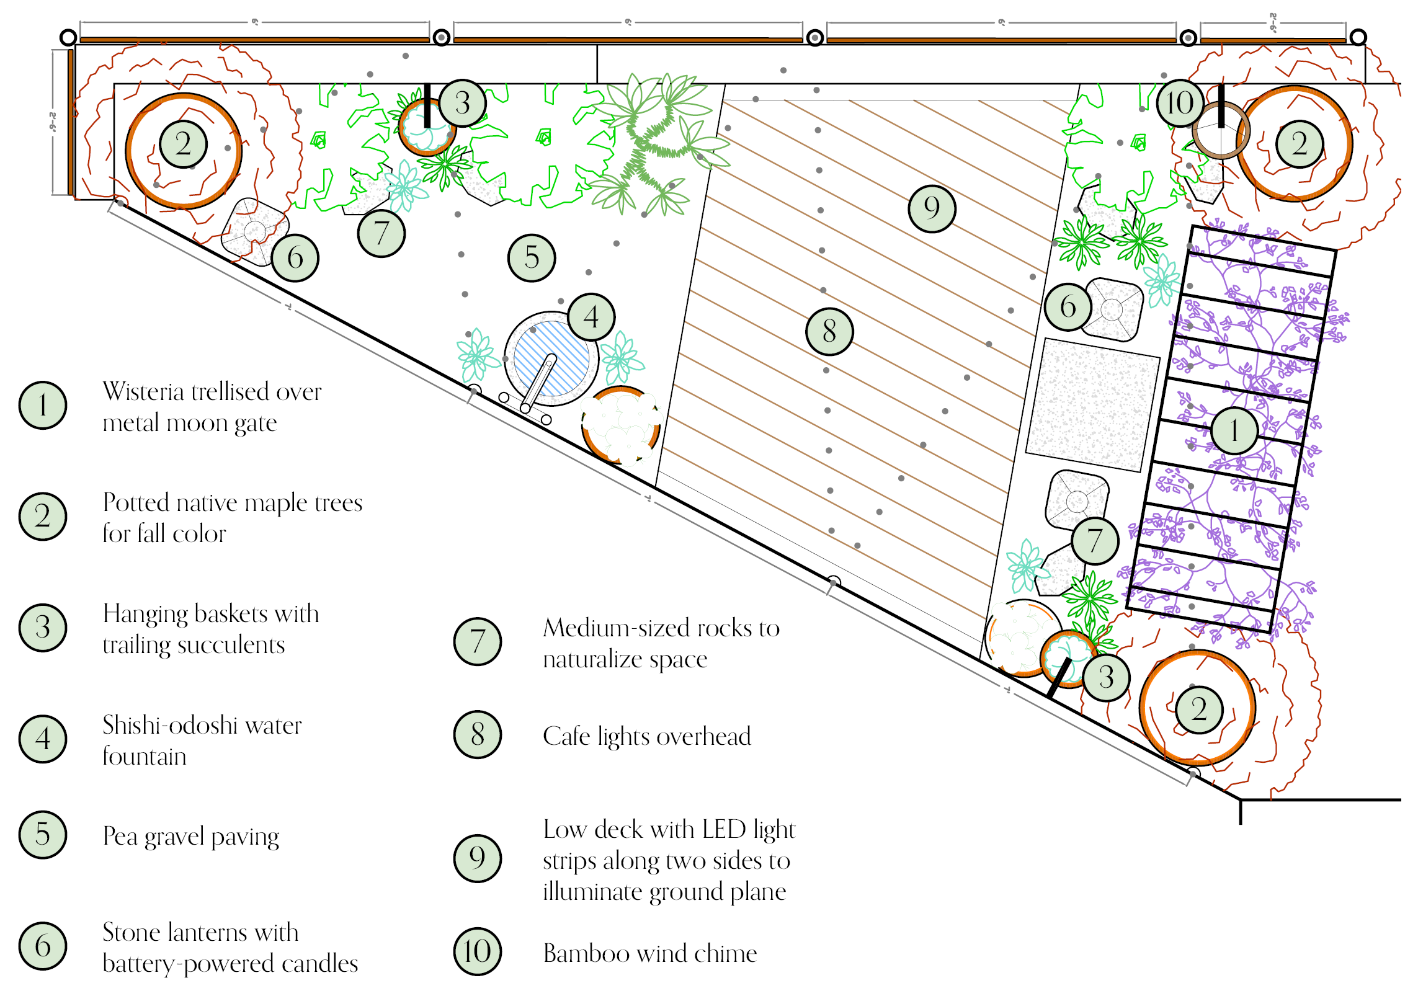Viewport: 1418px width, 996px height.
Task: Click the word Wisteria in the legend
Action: point(143,392)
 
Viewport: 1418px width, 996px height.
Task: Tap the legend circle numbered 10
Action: point(477,951)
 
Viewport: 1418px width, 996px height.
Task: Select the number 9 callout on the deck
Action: point(932,208)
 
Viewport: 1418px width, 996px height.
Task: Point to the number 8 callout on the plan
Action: point(829,331)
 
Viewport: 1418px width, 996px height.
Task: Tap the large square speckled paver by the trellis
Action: point(1093,404)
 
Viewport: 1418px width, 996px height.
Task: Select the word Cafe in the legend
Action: point(566,737)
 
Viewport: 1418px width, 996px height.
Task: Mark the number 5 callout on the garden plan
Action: point(532,257)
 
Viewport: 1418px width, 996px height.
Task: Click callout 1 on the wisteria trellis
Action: point(1234,430)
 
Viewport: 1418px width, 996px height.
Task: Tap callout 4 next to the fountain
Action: point(591,317)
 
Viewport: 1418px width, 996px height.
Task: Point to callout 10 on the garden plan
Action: point(1180,103)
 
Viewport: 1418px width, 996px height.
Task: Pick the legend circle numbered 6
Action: point(43,946)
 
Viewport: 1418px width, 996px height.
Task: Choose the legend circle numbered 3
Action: point(43,628)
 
